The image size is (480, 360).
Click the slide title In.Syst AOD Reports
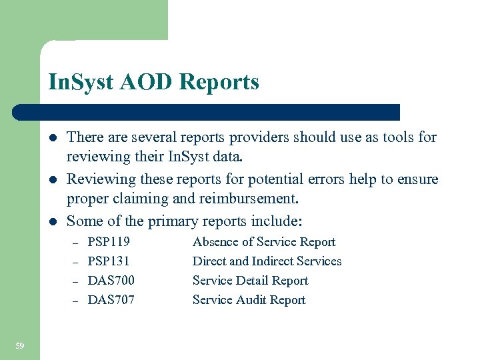pos(153,82)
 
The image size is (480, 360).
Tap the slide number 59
pos(19,345)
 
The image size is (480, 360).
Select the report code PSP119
pos(109,242)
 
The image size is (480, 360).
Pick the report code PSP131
pos(109,261)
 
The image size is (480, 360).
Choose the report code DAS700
pos(111,281)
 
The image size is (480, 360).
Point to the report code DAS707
pos(111,300)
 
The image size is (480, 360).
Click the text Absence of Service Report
pos(264,242)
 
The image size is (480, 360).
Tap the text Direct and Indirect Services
pos(267,261)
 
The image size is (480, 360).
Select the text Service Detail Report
pos(250,281)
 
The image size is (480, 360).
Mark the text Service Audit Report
pos(249,300)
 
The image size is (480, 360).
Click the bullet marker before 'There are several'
pos(51,138)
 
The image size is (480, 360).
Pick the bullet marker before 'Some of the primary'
pos(51,221)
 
